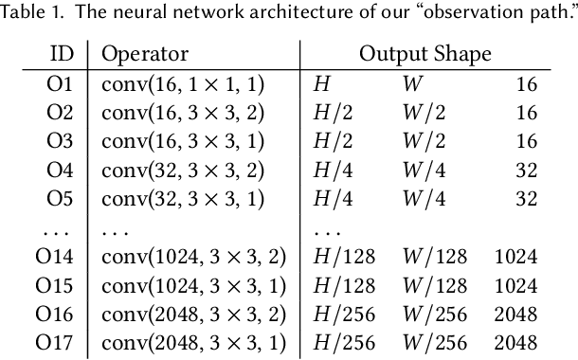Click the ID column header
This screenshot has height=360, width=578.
[61, 54]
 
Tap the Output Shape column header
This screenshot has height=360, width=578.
[424, 54]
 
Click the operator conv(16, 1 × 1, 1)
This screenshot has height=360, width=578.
[182, 83]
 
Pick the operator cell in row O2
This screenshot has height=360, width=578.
[182, 112]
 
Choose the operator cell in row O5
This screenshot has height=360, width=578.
[182, 198]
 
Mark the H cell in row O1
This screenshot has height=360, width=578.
[322, 83]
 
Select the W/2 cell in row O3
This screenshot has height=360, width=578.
[423, 141]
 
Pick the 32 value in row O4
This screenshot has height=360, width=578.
[527, 170]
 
